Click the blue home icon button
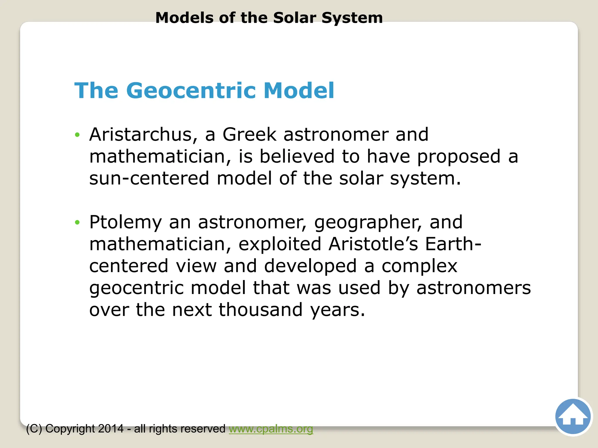(573, 416)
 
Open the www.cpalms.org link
(271, 429)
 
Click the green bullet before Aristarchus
(77, 135)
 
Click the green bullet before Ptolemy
(77, 223)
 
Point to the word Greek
(249, 134)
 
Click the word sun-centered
(149, 178)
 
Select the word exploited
(280, 244)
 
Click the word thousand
(260, 309)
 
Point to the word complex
(419, 266)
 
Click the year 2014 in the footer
(111, 429)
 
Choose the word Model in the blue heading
(299, 90)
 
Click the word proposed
(459, 157)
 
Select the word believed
(297, 156)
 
